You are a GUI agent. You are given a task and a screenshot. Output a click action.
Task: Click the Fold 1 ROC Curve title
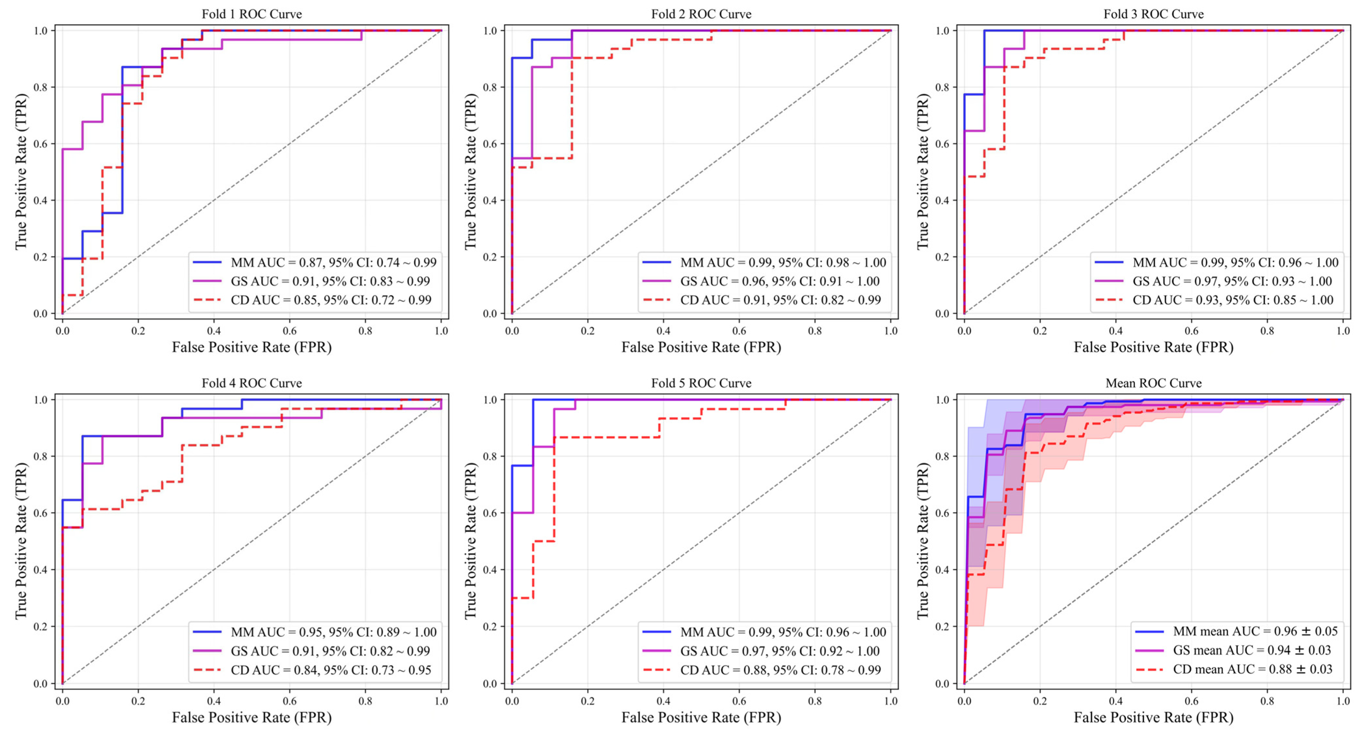tap(251, 14)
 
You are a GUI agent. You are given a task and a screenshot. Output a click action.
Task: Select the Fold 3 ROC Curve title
tap(1154, 14)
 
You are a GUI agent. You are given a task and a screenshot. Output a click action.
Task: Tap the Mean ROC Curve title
tap(1154, 383)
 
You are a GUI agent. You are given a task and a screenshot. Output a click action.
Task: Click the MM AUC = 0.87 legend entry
tap(333, 262)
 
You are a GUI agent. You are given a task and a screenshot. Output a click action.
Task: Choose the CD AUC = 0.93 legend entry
tap(1233, 300)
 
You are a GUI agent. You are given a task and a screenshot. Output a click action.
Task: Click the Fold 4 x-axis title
tap(251, 717)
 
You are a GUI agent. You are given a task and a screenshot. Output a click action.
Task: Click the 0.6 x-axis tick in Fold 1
tap(289, 331)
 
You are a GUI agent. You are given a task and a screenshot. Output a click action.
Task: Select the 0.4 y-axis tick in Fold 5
tap(490, 570)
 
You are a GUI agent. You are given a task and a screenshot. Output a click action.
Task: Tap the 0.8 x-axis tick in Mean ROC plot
tap(1267, 701)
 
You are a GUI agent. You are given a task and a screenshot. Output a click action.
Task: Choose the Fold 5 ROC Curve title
tap(701, 383)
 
